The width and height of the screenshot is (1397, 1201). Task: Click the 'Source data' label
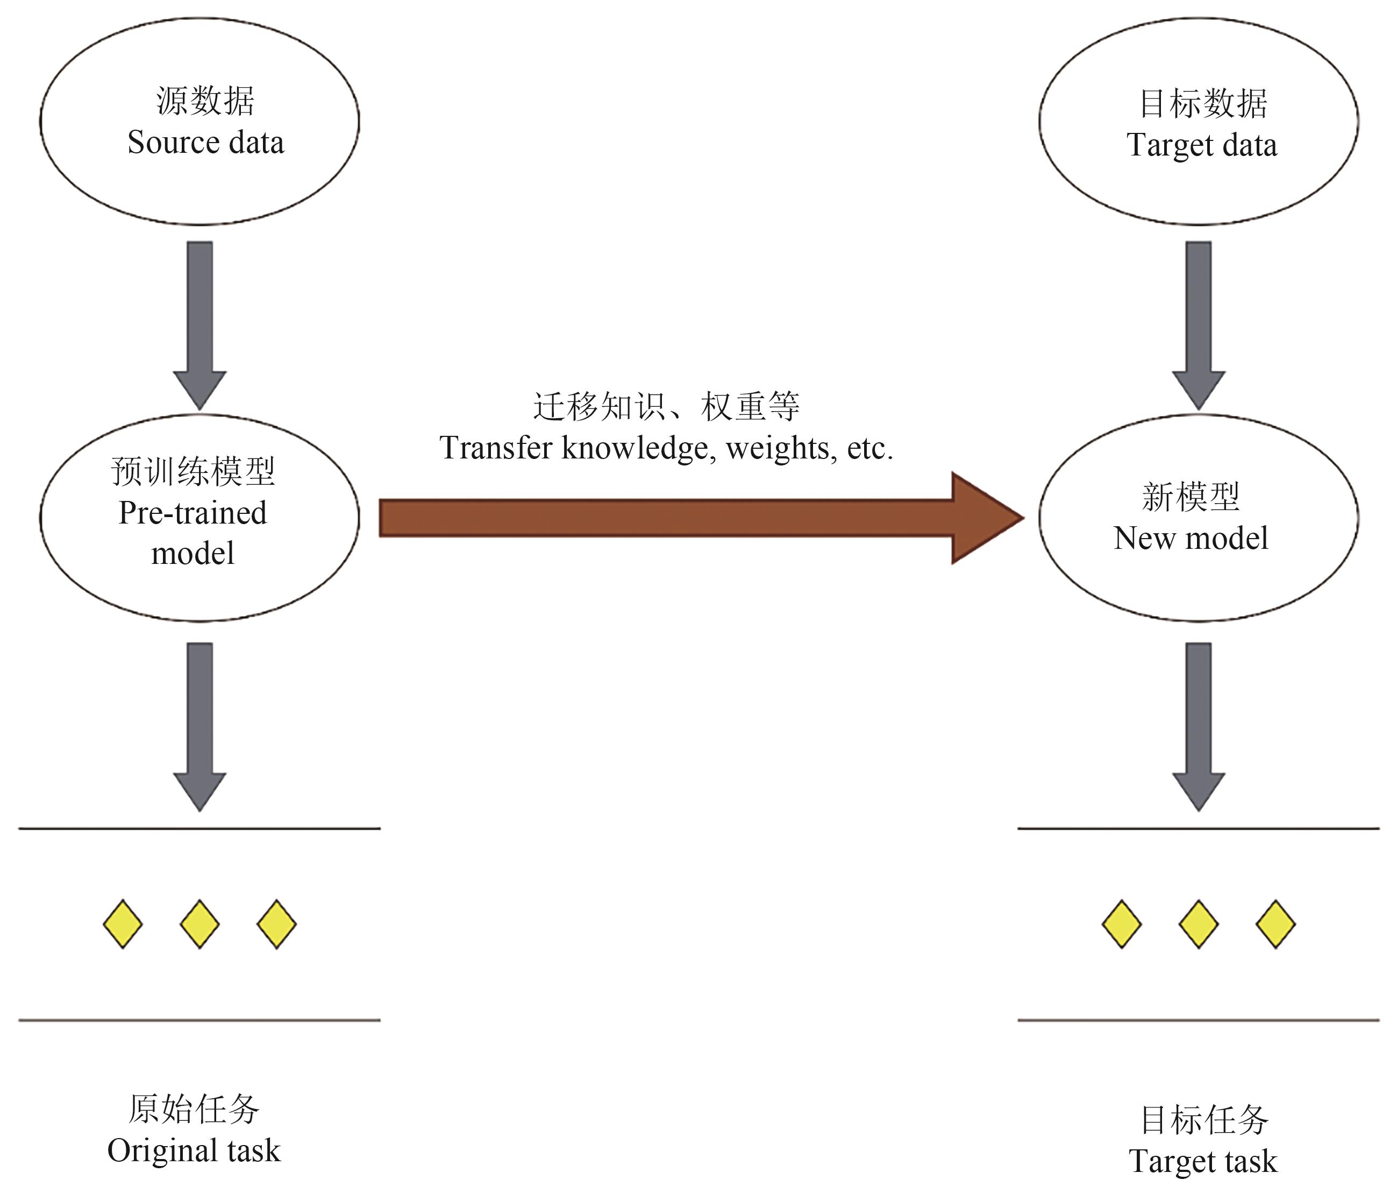coord(205,143)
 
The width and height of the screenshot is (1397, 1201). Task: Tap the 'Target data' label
coord(1201,146)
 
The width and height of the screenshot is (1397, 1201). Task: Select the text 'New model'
coord(1191,539)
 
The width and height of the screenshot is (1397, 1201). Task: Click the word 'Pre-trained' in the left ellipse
coord(193,513)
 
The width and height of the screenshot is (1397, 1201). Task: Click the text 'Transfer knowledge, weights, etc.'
coord(666,448)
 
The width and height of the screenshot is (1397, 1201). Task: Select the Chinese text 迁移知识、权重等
coord(666,407)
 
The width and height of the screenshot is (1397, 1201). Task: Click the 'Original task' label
coord(194,1151)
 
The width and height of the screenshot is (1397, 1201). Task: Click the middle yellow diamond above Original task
coord(199,924)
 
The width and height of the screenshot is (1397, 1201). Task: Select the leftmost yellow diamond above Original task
coord(123,924)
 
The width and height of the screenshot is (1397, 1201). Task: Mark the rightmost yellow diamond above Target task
coord(1275,924)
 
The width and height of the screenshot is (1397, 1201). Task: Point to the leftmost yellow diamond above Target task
coord(1121,924)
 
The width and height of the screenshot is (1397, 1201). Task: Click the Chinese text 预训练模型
coord(193,471)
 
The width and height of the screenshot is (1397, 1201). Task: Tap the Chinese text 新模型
coord(1191,497)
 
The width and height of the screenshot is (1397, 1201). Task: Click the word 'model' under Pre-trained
coord(193,554)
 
